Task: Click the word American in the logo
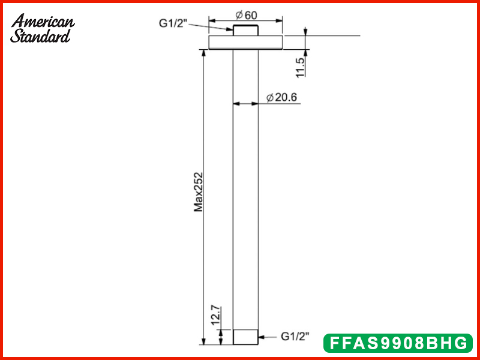[43, 22]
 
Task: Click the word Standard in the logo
[40, 35]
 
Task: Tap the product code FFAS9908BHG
[398, 343]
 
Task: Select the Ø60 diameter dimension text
[245, 14]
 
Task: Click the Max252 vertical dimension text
[199, 192]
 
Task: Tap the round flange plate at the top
[245, 42]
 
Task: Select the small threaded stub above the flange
[245, 31]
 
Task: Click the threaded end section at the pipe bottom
[245, 337]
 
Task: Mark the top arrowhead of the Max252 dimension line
[204, 52]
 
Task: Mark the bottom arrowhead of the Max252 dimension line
[204, 341]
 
